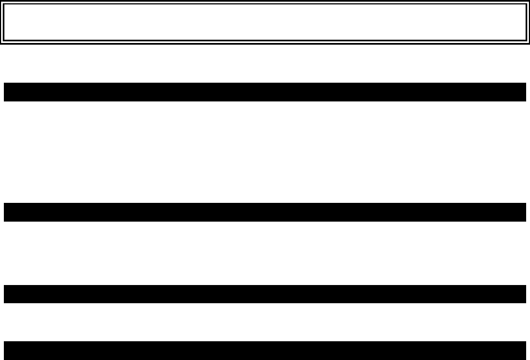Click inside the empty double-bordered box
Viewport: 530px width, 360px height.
264,23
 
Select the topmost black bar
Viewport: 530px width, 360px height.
264,92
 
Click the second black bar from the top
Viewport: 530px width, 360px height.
264,212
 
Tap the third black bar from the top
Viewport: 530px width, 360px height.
264,294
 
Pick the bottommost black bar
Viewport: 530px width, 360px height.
264,351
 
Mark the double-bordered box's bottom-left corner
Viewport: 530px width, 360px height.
2,42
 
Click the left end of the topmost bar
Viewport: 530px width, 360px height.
7,92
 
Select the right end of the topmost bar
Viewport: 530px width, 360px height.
523,92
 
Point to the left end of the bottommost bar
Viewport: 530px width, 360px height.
7,351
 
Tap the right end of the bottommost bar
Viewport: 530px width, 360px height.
523,351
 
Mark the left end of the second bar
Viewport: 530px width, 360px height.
7,212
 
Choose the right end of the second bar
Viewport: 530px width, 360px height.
523,212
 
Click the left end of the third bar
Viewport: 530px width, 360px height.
7,294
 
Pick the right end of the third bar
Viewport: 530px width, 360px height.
523,294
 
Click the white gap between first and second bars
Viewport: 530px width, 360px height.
264,152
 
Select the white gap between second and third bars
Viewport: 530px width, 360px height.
264,253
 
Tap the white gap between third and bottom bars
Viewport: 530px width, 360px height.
264,322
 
